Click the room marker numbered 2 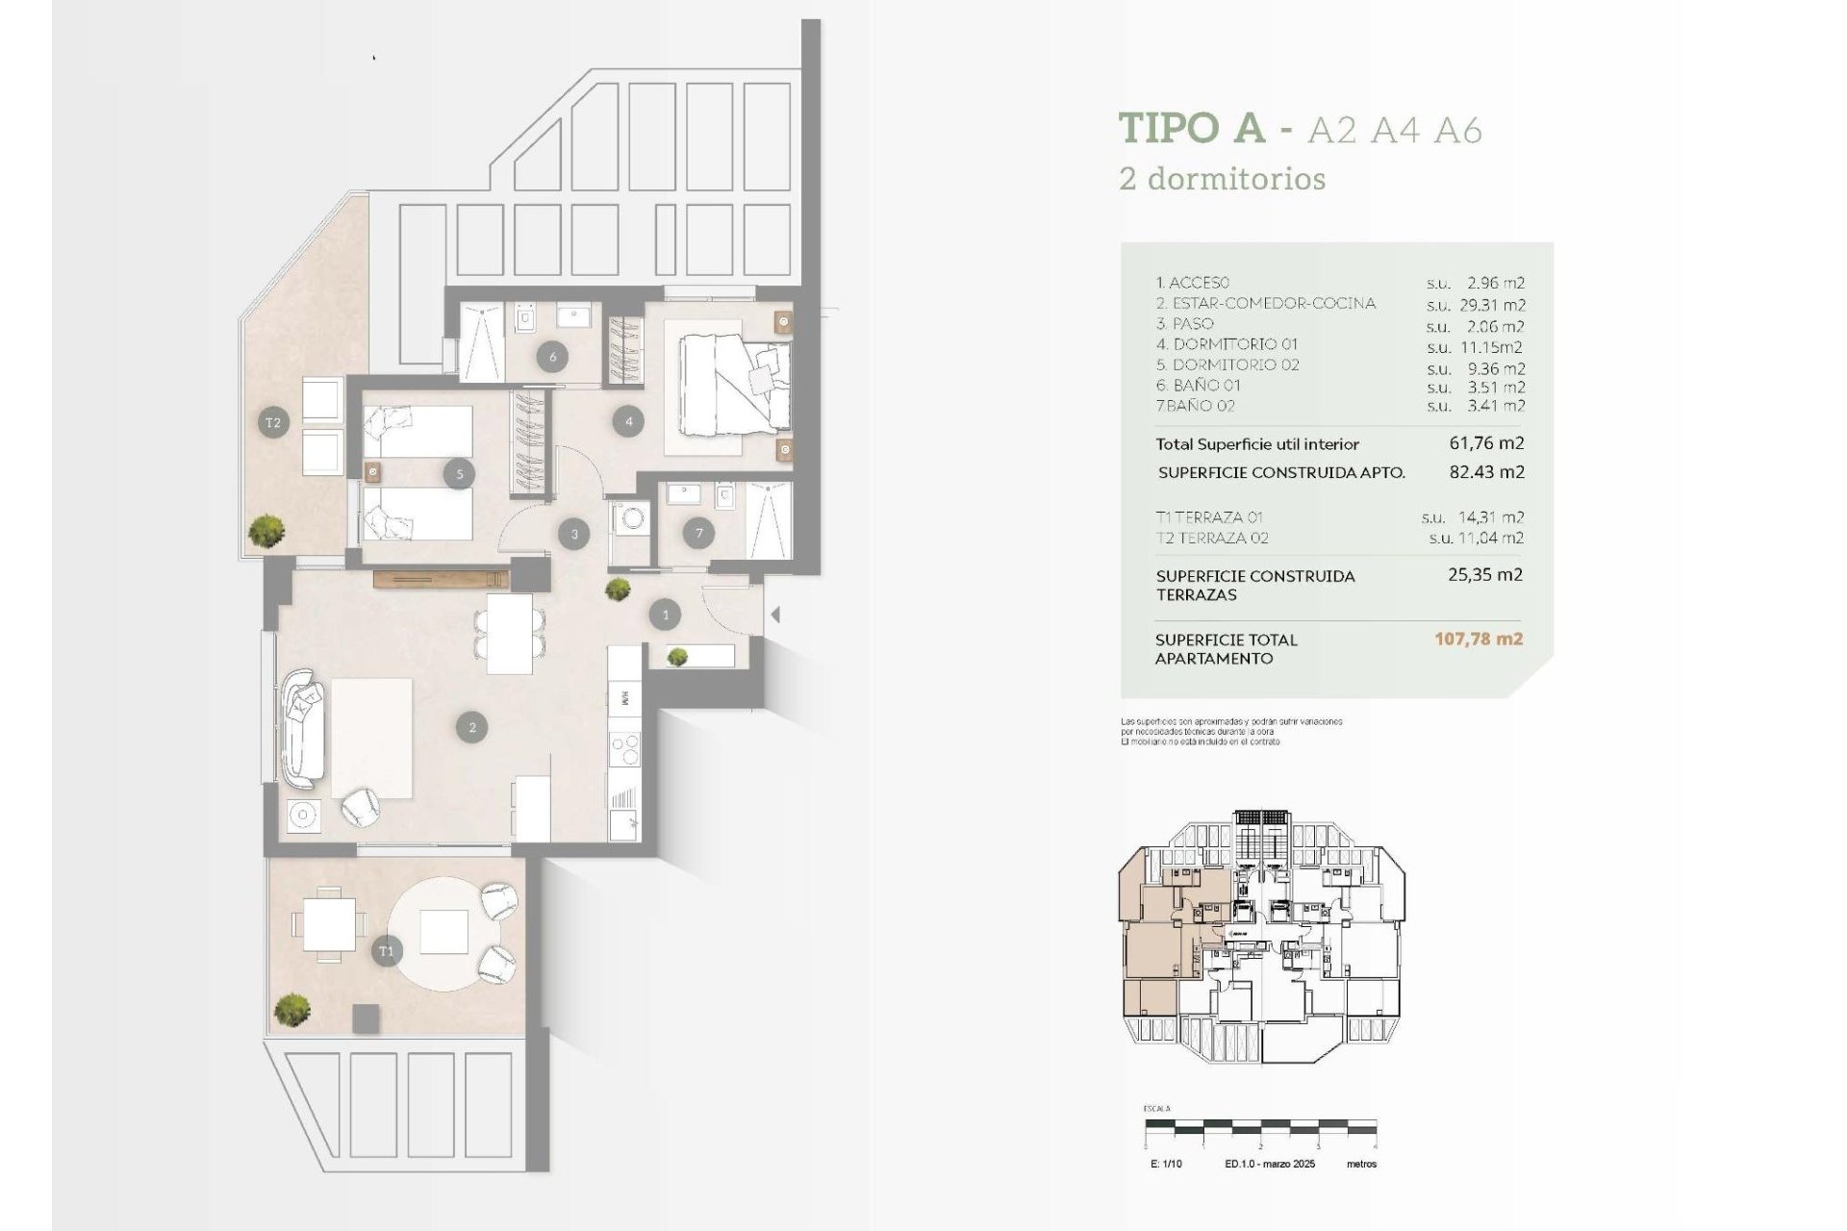tap(472, 727)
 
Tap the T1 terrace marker tap(386, 952)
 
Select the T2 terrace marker tap(273, 422)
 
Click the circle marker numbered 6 tap(552, 357)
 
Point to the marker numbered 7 tap(699, 533)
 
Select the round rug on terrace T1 tap(444, 931)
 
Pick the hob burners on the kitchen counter tap(625, 749)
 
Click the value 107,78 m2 tap(1479, 639)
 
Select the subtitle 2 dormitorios tap(1222, 179)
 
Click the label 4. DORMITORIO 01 tap(1227, 344)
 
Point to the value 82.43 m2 tap(1486, 472)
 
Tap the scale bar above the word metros tap(1260, 1126)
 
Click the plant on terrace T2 tap(266, 530)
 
